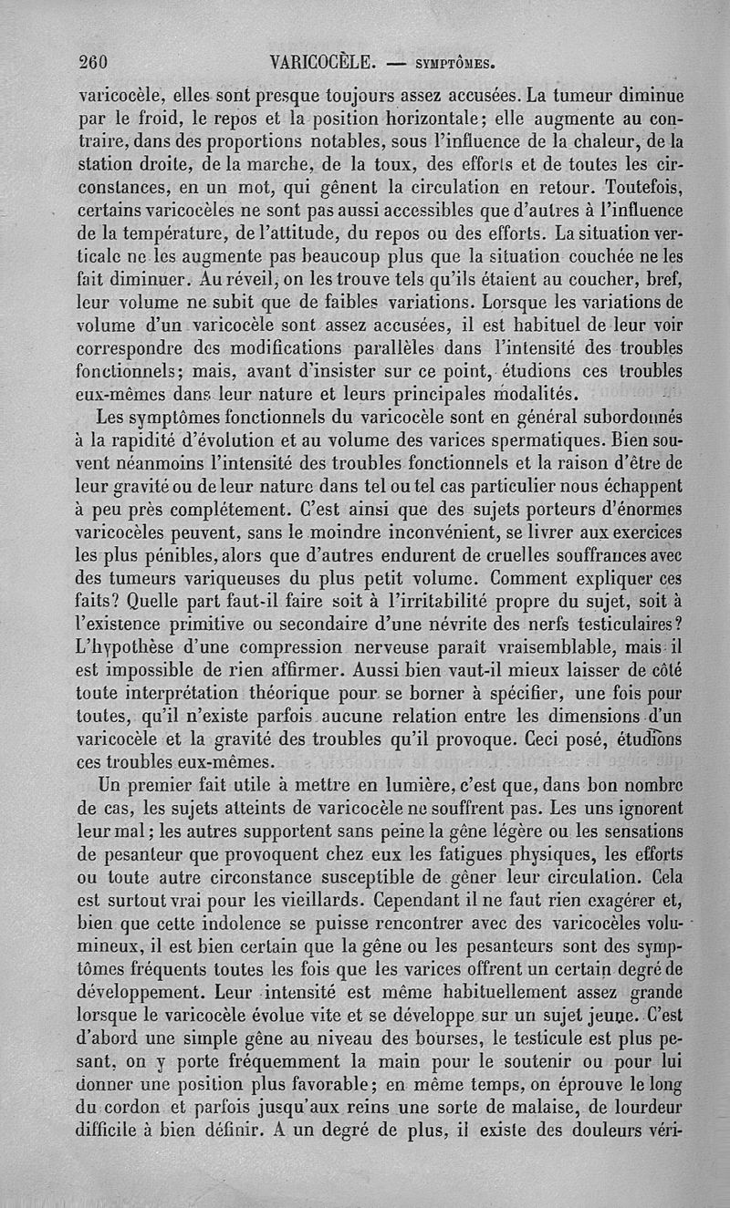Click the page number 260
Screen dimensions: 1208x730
94,63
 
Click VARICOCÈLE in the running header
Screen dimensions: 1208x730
324,63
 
